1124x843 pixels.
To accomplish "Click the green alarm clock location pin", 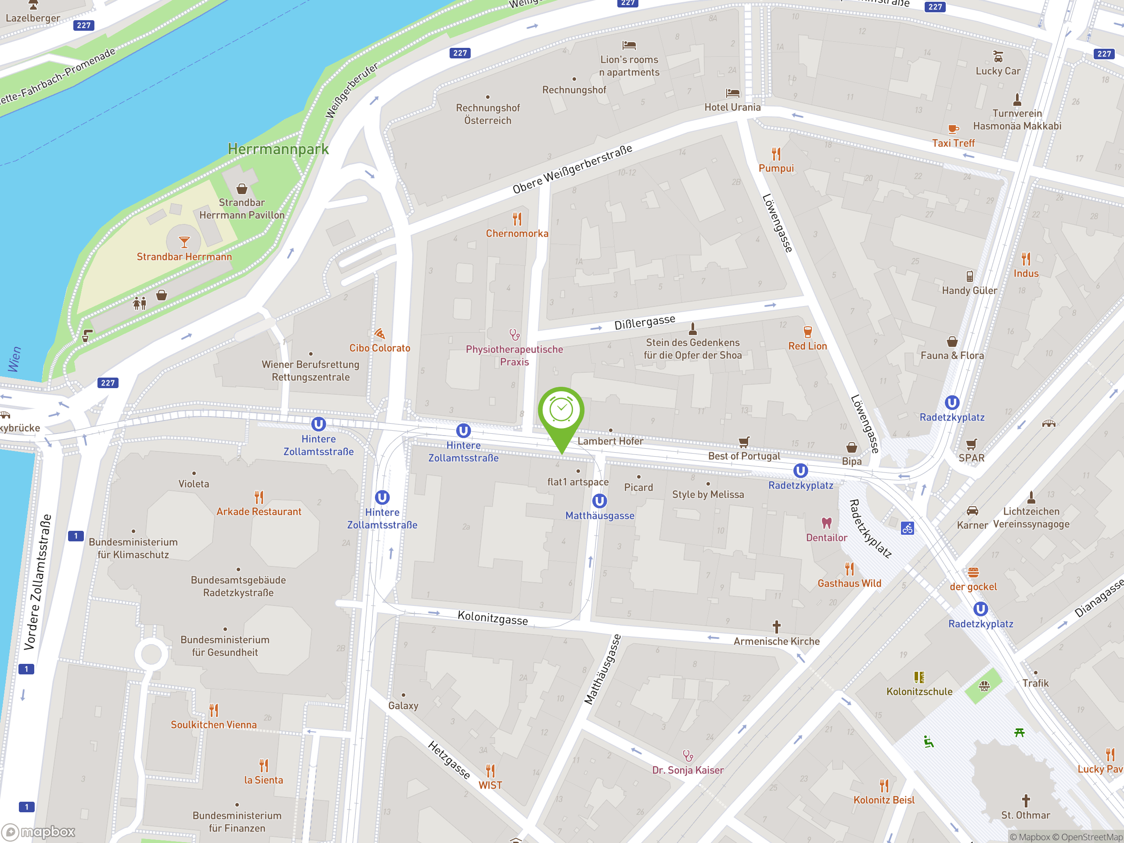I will [561, 411].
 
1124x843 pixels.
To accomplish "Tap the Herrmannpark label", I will [278, 149].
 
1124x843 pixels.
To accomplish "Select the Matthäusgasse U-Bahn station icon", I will [600, 501].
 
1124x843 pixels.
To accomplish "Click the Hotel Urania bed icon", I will [732, 94].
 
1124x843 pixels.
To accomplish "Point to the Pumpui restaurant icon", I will [776, 154].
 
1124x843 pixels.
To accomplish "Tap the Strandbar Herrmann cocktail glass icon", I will [184, 242].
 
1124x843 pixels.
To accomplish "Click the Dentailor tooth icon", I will [826, 523].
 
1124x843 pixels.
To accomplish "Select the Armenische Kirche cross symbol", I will [776, 627].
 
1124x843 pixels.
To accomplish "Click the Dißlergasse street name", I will [644, 322].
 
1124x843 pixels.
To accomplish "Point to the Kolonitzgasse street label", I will [492, 618].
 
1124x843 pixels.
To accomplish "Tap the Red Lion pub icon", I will [807, 332].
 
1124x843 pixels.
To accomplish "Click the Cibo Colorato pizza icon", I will [380, 333].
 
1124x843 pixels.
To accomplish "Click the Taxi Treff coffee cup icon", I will [953, 129].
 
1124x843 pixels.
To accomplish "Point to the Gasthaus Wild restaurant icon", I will [849, 569].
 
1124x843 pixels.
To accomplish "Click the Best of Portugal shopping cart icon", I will [744, 442].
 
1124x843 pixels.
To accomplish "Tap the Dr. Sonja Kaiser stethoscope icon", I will [688, 756].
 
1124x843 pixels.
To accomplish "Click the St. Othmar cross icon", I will [1025, 801].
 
